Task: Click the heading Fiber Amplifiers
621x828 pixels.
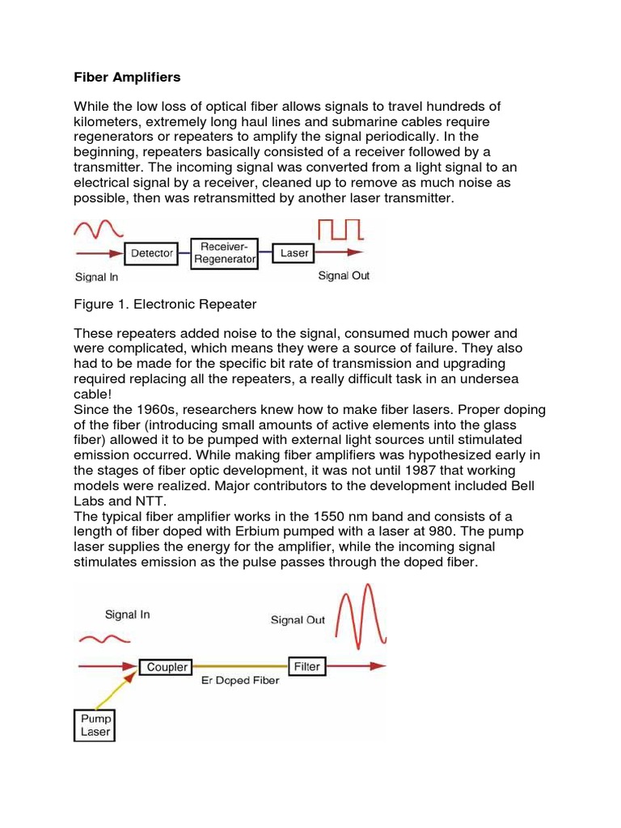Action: coord(127,78)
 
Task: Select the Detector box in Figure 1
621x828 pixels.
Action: coord(152,253)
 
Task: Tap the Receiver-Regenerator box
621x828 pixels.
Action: coord(224,252)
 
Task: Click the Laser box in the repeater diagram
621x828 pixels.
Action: coord(294,253)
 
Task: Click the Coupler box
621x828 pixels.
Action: coord(167,667)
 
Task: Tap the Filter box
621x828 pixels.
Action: coord(306,667)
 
